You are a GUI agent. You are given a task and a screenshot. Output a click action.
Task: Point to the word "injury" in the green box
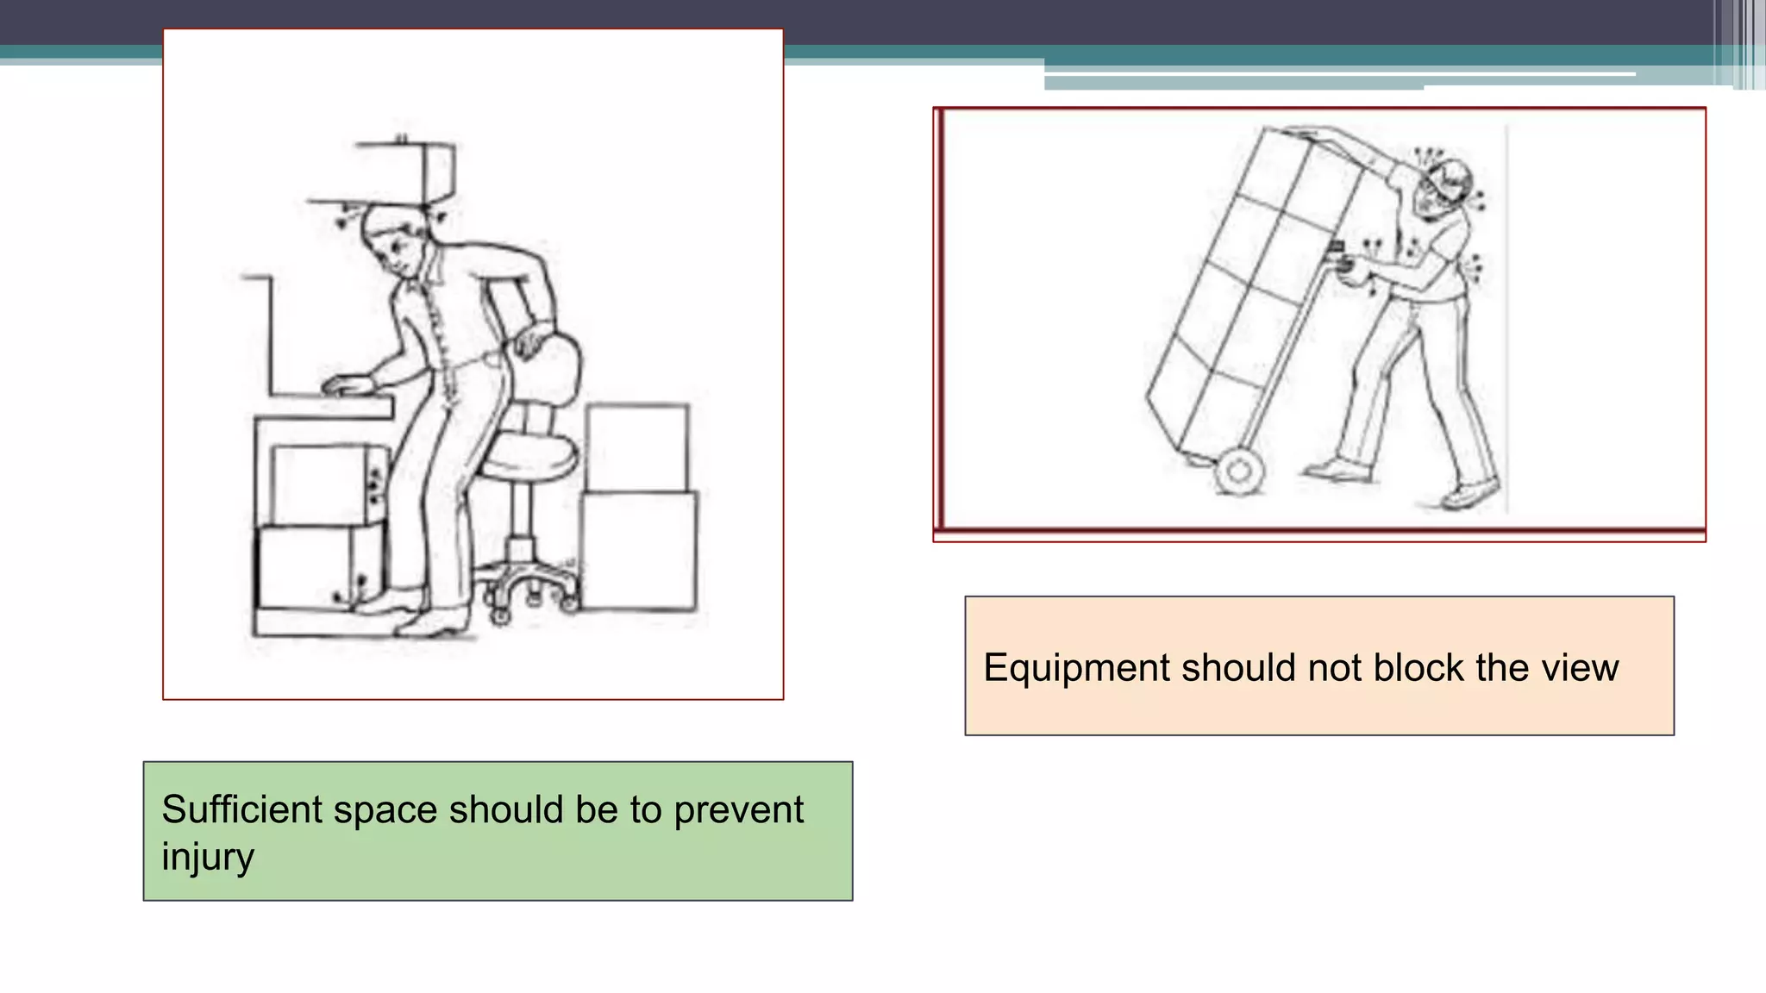pos(208,858)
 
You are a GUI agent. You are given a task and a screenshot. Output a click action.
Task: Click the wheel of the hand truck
pos(1240,471)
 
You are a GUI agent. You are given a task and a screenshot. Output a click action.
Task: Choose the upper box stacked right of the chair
pos(637,447)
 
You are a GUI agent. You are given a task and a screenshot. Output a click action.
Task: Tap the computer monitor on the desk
pos(259,336)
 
